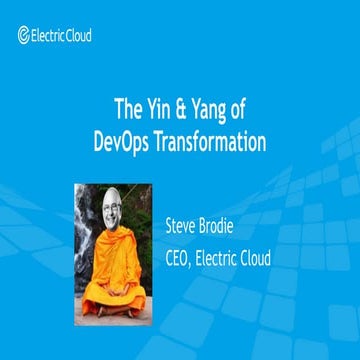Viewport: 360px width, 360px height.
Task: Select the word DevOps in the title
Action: pyautogui.click(x=117, y=142)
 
